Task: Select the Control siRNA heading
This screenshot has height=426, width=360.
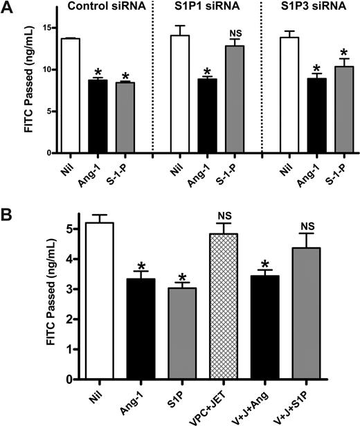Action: click(94, 10)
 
